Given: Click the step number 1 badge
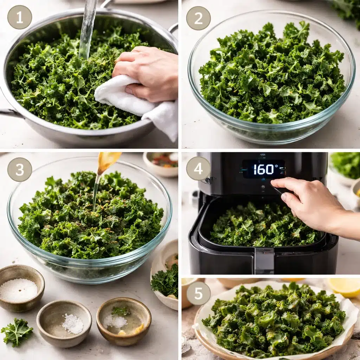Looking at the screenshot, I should [20, 17].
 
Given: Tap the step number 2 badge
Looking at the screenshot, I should [198, 18].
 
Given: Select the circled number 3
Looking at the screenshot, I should [20, 169].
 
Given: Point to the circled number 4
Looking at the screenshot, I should [198, 168].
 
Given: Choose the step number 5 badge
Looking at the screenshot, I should [198, 293].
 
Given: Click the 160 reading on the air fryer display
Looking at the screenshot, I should [264, 169].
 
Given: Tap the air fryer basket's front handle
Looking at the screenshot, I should [264, 261].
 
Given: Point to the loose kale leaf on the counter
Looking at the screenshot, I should [17, 331].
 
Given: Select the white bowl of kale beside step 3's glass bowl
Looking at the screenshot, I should [165, 278].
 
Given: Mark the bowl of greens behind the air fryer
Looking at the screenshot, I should [346, 165].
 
